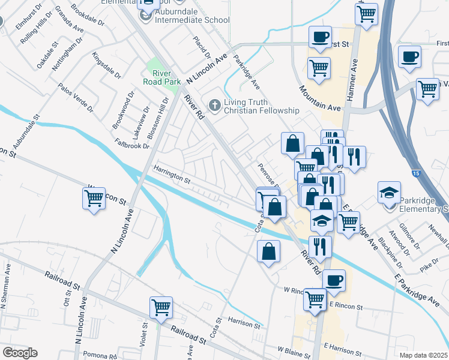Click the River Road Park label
coord(158,77)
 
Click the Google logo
coord(20,353)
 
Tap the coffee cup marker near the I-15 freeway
coord(410,57)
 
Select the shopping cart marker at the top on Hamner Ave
coord(366,13)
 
